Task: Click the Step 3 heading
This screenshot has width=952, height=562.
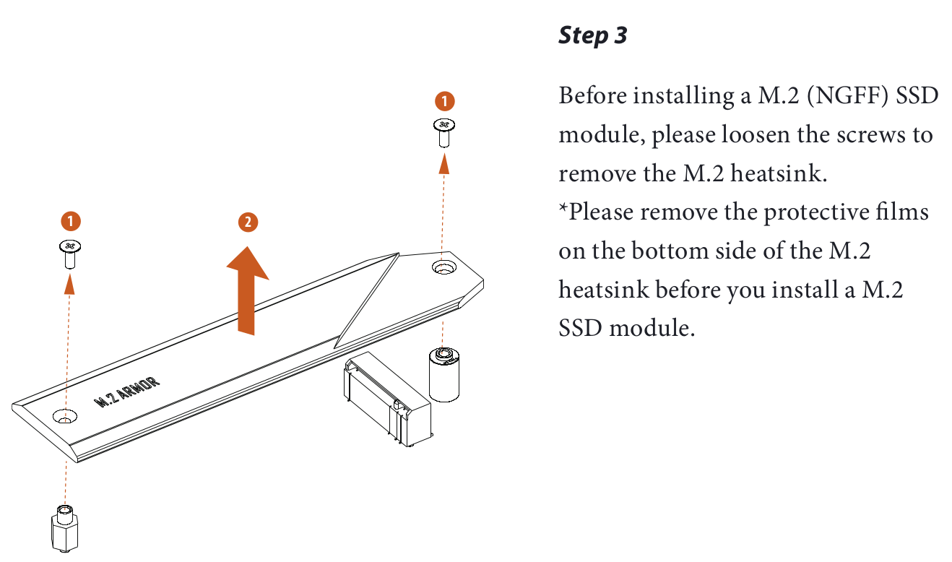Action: click(592, 35)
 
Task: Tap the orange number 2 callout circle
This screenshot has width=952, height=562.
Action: click(247, 222)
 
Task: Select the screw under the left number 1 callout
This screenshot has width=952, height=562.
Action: click(69, 252)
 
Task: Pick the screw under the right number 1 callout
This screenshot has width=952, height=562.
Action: click(444, 131)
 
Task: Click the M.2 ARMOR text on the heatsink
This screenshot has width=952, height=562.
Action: click(128, 392)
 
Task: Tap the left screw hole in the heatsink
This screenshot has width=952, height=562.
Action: click(66, 417)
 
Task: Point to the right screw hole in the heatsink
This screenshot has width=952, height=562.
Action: click(443, 268)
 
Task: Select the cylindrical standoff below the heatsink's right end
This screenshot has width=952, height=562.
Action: click(444, 373)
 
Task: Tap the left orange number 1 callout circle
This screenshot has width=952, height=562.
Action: click(70, 220)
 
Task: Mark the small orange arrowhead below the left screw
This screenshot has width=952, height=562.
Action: click(69, 284)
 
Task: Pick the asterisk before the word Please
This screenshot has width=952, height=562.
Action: click(563, 209)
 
